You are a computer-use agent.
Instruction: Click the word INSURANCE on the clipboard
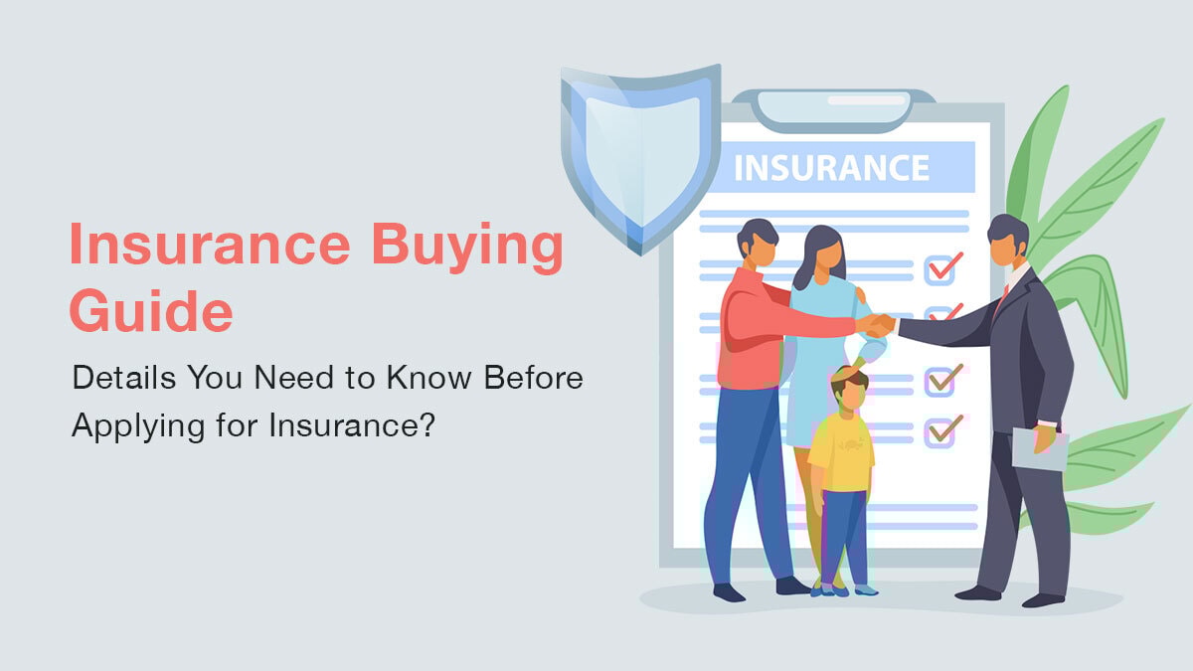830,166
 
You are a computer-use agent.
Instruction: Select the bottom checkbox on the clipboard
940,430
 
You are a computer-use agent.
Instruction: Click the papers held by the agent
1038,448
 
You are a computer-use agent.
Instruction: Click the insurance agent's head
1007,242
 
